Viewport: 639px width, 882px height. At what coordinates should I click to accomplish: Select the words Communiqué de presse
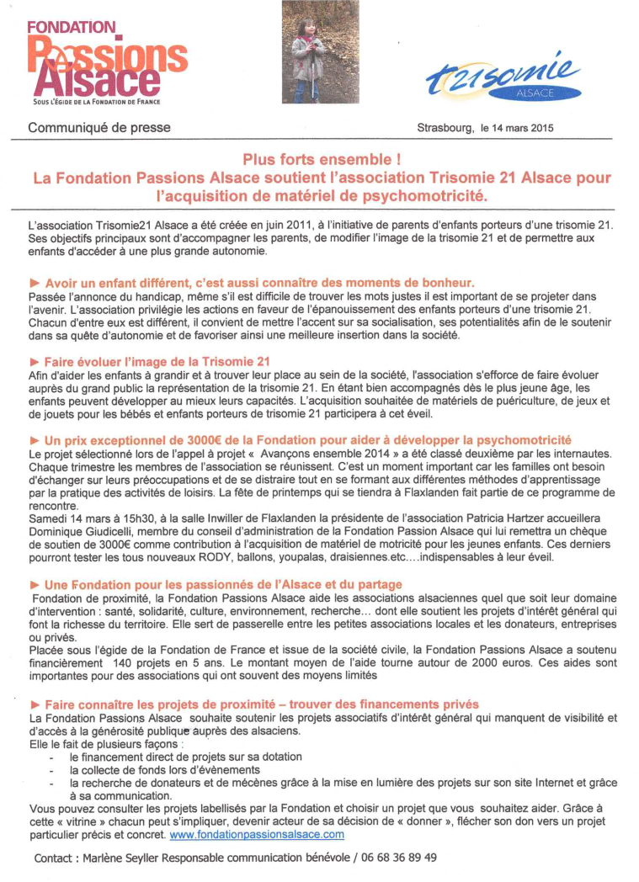pyautogui.click(x=99, y=128)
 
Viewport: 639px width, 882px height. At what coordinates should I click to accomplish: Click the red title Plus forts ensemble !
pyautogui.click(x=322, y=160)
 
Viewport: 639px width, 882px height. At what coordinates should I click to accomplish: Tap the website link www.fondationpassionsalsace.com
pyautogui.click(x=257, y=834)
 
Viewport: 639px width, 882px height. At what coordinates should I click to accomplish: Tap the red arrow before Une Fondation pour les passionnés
pyautogui.click(x=35, y=584)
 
